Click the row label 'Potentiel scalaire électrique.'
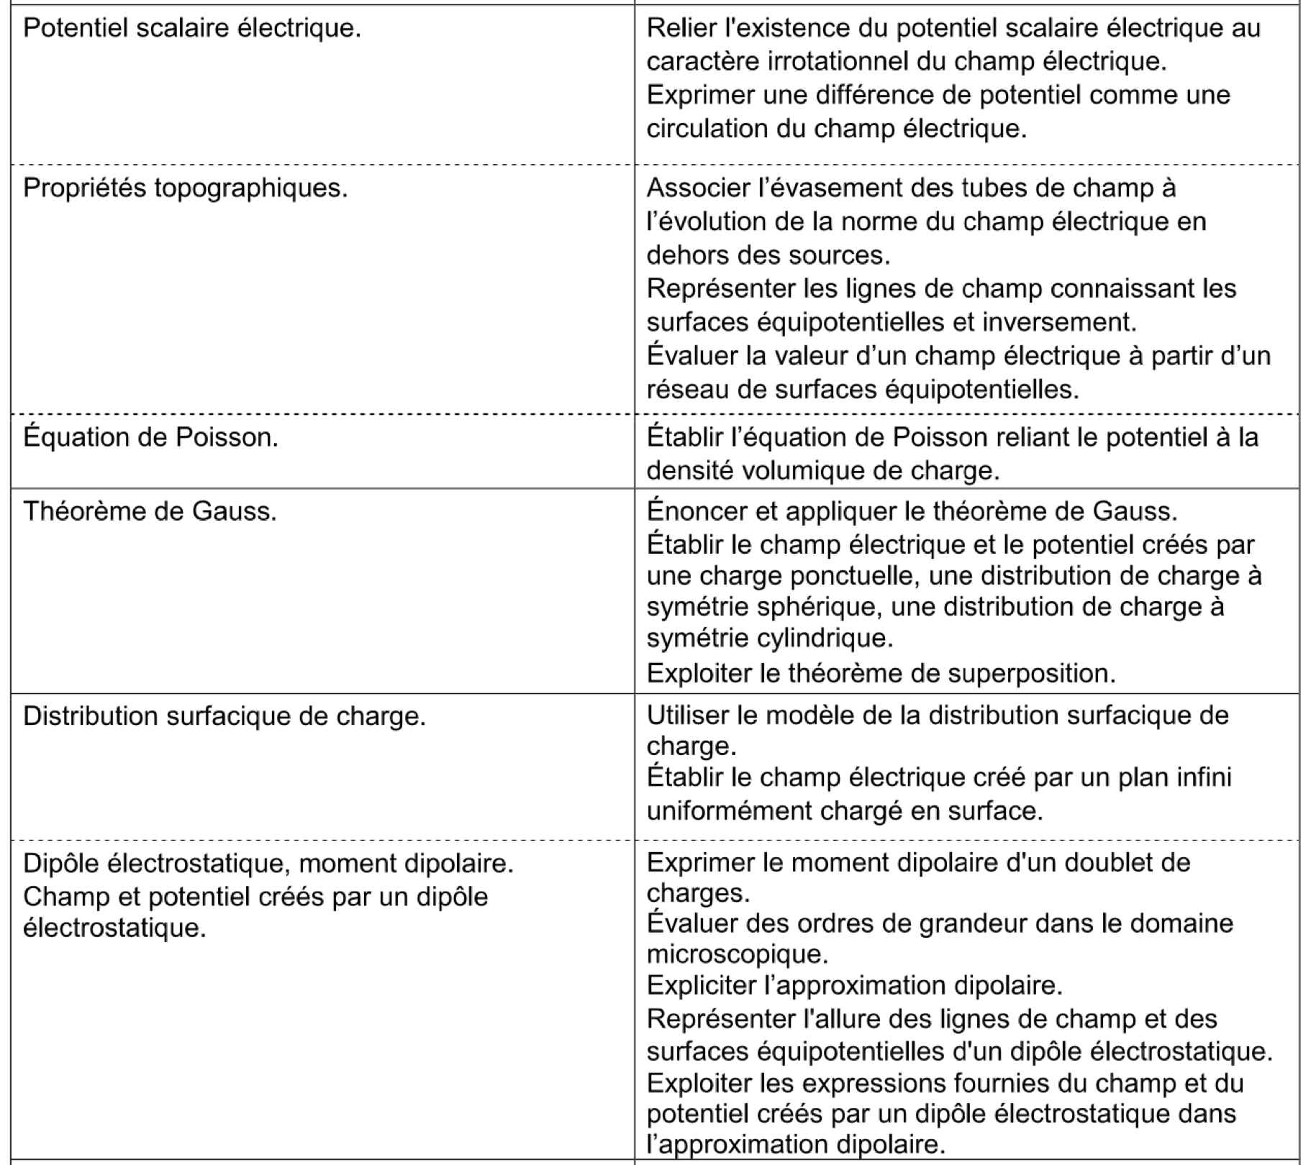point(191,29)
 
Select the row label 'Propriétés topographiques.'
point(185,188)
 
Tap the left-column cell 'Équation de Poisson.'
point(150,437)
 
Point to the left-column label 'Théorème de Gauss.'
point(150,511)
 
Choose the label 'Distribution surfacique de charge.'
point(224,716)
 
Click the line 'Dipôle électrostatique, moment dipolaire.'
point(268,863)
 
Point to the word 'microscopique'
point(737,955)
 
